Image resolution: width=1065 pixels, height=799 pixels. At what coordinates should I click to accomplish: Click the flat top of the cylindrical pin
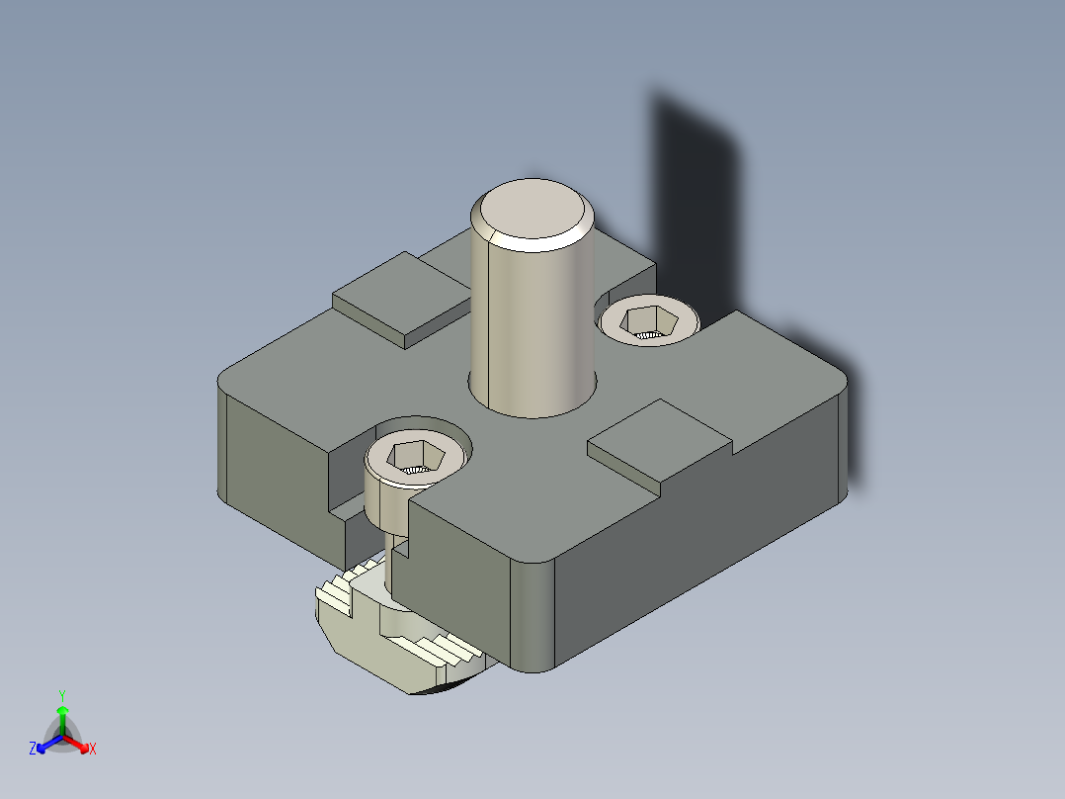(x=531, y=210)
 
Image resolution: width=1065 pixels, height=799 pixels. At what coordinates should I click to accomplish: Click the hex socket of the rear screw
(x=649, y=320)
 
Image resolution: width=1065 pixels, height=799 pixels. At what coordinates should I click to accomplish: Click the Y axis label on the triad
(x=61, y=695)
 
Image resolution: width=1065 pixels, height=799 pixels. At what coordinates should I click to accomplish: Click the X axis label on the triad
(x=93, y=750)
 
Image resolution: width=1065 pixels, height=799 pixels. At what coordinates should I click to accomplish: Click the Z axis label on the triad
(x=32, y=750)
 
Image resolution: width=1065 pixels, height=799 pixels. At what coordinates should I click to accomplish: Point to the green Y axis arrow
(x=61, y=717)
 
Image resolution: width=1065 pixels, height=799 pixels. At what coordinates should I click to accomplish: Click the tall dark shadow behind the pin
(x=696, y=198)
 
